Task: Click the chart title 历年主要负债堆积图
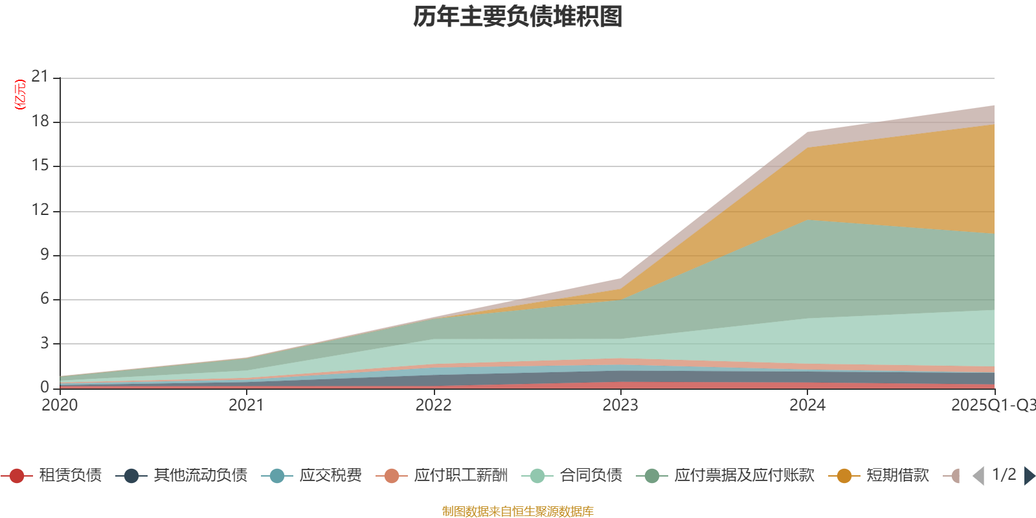point(518,17)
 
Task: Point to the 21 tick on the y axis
point(40,77)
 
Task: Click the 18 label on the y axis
point(40,121)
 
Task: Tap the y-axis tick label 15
point(40,166)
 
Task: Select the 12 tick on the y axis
point(40,210)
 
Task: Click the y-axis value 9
point(44,254)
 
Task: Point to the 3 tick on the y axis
point(44,343)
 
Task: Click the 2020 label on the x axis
point(60,405)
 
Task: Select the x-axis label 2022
point(433,405)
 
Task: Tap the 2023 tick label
point(620,405)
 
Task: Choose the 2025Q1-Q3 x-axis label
point(992,405)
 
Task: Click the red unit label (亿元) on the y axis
point(20,95)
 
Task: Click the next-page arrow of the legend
point(1029,476)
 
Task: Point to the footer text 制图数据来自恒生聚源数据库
point(518,512)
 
